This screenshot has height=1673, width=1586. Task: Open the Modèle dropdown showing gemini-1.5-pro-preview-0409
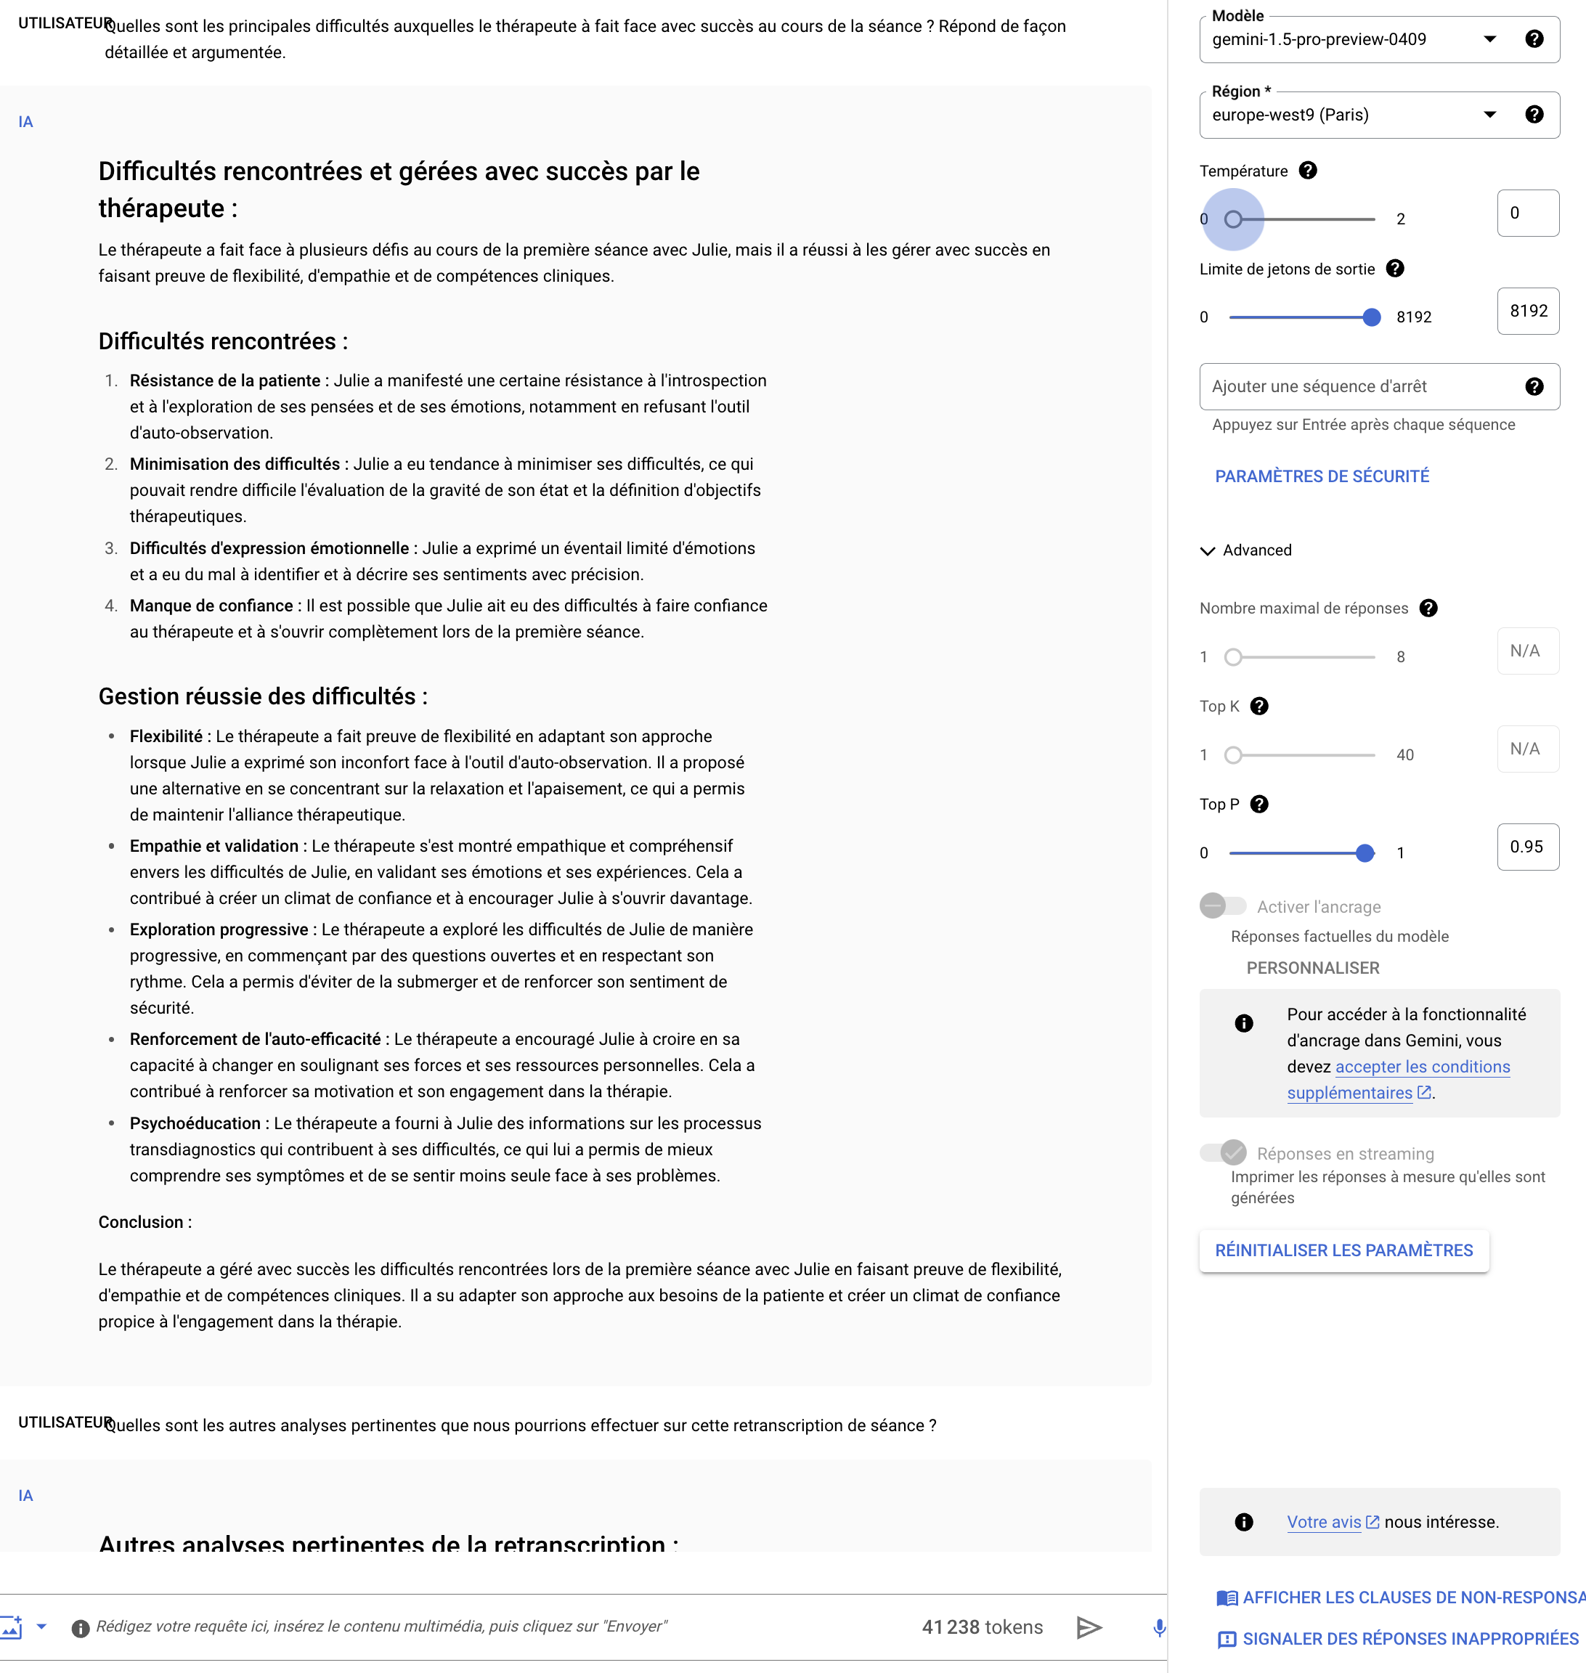[1353, 40]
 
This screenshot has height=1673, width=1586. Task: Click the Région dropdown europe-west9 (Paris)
[1353, 115]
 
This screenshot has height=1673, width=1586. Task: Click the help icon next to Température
[1307, 171]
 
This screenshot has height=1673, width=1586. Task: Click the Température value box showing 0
[1527, 213]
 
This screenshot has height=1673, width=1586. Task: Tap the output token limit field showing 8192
[1527, 311]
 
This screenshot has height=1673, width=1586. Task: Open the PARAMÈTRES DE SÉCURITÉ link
[1322, 476]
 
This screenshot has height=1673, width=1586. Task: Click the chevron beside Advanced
[1207, 551]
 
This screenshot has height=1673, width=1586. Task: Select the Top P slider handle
[1364, 853]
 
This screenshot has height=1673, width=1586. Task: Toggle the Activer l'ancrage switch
[1222, 906]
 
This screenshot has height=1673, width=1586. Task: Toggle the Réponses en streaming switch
[1222, 1152]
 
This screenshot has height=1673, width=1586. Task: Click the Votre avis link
[1324, 1522]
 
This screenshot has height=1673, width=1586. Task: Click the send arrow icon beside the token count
[1089, 1627]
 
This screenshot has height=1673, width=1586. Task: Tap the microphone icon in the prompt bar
[1159, 1627]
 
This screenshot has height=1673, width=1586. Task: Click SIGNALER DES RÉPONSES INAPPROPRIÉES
[1410, 1639]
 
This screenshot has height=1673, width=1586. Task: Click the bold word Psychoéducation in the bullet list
[195, 1123]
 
